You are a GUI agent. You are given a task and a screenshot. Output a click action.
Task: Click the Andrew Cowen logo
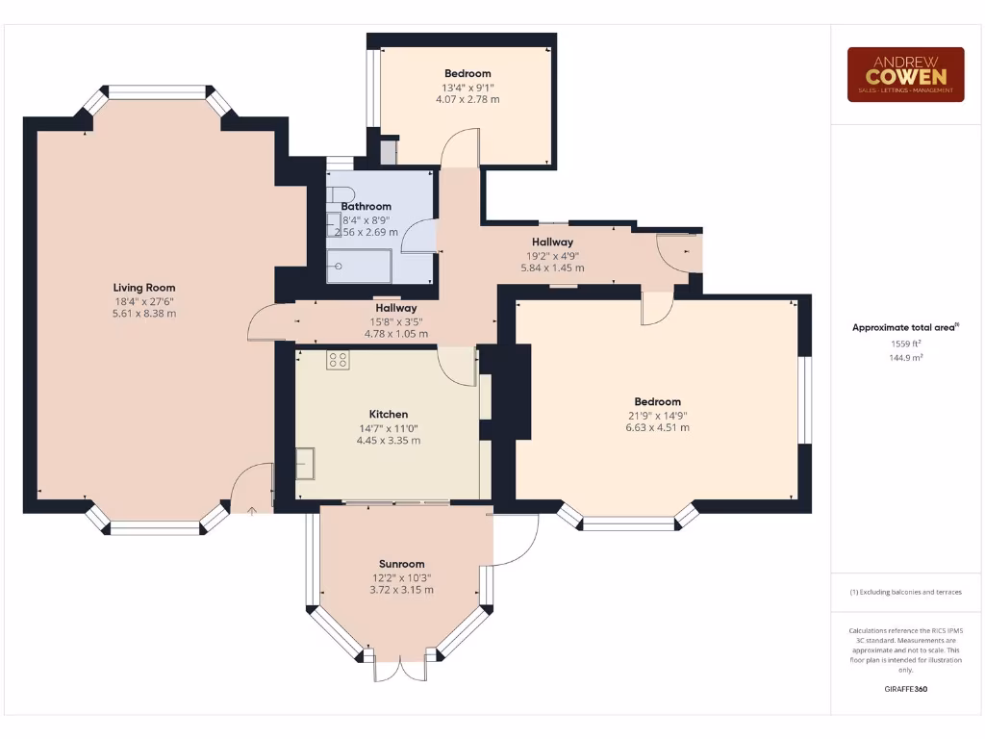pos(905,74)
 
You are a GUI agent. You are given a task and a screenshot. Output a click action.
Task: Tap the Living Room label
pos(144,288)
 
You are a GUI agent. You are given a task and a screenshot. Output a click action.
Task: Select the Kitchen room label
pos(388,415)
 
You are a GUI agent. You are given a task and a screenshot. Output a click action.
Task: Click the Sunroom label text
pos(400,564)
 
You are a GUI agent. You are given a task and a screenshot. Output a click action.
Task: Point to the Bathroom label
pos(366,206)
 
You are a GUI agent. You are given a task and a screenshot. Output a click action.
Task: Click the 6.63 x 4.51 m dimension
pos(657,427)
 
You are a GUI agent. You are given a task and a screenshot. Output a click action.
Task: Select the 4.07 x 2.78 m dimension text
pos(467,99)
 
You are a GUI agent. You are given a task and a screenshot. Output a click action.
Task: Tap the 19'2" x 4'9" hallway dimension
pos(552,255)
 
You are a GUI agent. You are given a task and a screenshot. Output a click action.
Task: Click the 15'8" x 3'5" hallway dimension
pos(395,321)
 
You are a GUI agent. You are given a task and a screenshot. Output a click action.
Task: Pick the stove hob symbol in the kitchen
pos(338,360)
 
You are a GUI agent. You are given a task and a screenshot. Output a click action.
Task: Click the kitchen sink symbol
pos(306,463)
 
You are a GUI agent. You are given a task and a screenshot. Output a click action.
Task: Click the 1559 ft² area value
pos(904,344)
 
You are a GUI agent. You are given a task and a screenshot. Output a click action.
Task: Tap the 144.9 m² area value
pos(904,357)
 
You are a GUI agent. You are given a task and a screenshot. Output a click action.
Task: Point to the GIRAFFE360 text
pos(905,689)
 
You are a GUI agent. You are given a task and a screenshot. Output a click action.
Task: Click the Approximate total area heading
pos(904,327)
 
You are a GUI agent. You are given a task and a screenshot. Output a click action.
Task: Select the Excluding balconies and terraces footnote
pos(905,592)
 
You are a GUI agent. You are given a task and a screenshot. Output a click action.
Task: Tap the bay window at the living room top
pos(157,93)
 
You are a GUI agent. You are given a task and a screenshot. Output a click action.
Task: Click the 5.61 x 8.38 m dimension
pos(144,314)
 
